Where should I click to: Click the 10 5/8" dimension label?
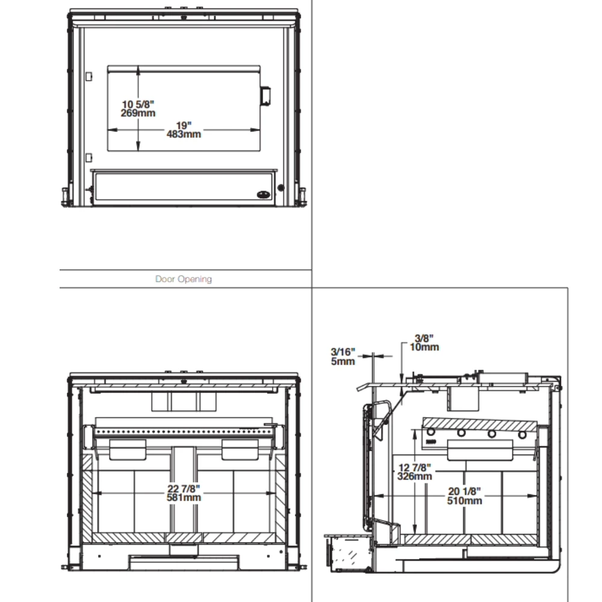click(138, 104)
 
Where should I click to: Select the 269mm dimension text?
click(138, 113)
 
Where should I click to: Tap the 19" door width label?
click(184, 126)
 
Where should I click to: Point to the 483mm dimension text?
click(184, 134)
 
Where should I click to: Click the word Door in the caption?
click(165, 279)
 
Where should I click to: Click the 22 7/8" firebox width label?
click(184, 489)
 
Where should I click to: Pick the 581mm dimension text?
click(184, 498)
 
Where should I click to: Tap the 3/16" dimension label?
click(343, 352)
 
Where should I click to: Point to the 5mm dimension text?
click(343, 361)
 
